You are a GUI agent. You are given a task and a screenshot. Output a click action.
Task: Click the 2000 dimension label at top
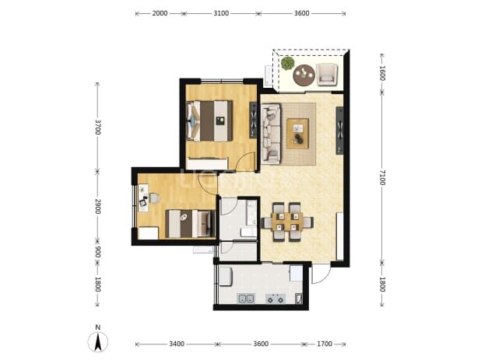pos(160,13)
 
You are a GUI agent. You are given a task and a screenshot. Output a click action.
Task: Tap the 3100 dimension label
pos(221,13)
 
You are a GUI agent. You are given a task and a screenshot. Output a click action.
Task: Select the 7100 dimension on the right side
pos(382,177)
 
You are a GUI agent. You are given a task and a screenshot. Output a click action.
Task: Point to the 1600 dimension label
pos(382,73)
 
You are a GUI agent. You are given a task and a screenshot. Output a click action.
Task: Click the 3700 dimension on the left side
pos(97,127)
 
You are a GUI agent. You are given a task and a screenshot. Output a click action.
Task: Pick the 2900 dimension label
pos(97,206)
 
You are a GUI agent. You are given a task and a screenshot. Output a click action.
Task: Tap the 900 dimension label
pos(97,252)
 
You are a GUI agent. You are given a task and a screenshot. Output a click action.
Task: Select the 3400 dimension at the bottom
pos(177,344)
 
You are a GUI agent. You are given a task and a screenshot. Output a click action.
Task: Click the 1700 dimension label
pos(325,344)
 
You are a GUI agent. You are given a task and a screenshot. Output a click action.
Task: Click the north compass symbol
pos(98,339)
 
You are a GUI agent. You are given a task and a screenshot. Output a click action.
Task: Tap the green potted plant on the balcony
pos(288,63)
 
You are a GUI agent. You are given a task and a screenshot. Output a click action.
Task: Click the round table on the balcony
pos(304,75)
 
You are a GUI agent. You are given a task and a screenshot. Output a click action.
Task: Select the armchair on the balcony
pos(327,74)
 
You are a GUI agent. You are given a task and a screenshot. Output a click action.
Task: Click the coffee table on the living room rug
pos(297,134)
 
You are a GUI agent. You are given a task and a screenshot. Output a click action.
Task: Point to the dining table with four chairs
pos(287,222)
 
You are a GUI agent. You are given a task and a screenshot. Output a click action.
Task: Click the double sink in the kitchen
pos(246,299)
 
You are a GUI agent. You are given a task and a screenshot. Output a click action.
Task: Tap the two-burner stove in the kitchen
pos(276,299)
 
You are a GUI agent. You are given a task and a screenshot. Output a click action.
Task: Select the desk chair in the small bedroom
pos(155,198)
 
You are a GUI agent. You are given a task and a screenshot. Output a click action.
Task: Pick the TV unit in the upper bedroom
pos(253,120)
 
